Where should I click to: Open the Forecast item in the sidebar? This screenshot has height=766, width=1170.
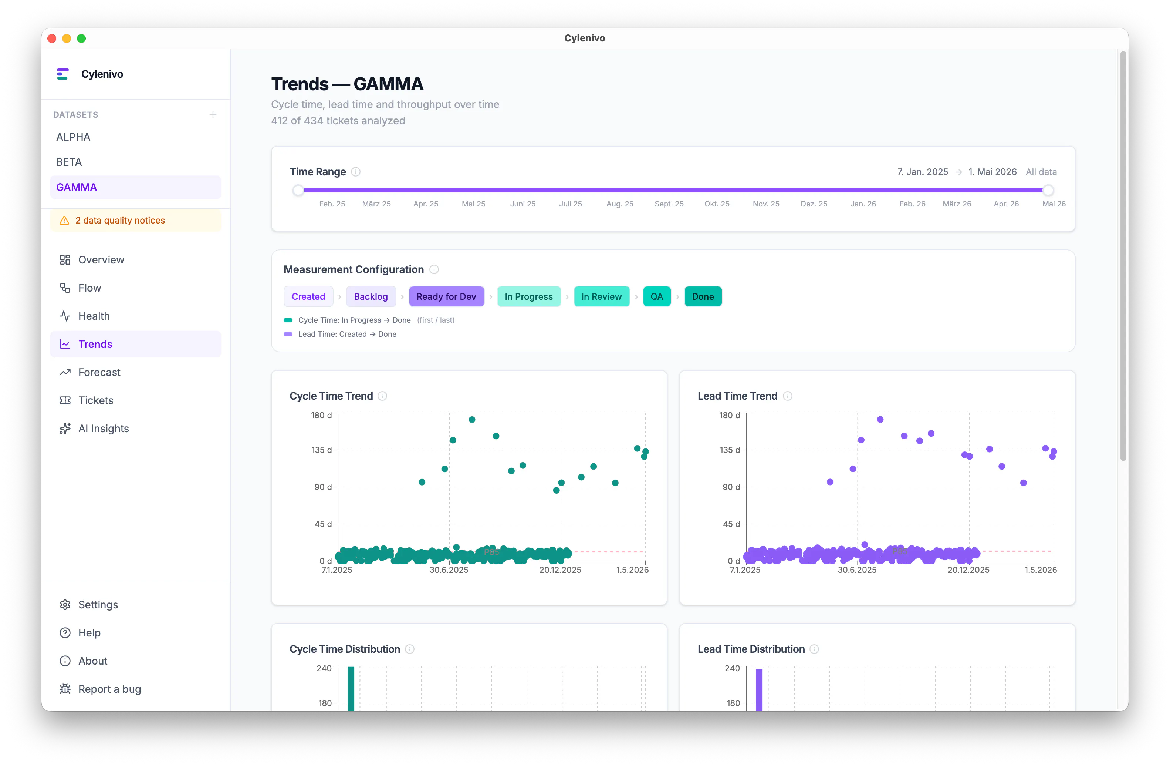point(99,372)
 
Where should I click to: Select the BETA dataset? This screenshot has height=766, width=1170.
point(69,162)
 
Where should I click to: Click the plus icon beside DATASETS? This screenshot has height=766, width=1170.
point(213,115)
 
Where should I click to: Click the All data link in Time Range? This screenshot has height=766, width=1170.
point(1041,172)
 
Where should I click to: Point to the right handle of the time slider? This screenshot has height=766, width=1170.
point(1048,190)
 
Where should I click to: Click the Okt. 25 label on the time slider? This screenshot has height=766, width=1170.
point(717,204)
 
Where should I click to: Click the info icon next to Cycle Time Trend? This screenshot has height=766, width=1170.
point(382,396)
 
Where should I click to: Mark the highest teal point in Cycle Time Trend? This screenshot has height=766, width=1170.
point(472,420)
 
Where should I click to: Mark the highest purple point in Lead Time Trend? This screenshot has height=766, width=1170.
point(880,420)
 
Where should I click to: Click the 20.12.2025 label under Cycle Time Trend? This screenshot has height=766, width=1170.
point(560,570)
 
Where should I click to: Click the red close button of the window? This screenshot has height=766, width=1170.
point(52,38)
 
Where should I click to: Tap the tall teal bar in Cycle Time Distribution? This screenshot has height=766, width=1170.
point(351,688)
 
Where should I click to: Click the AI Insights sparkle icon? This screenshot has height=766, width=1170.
point(65,429)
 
